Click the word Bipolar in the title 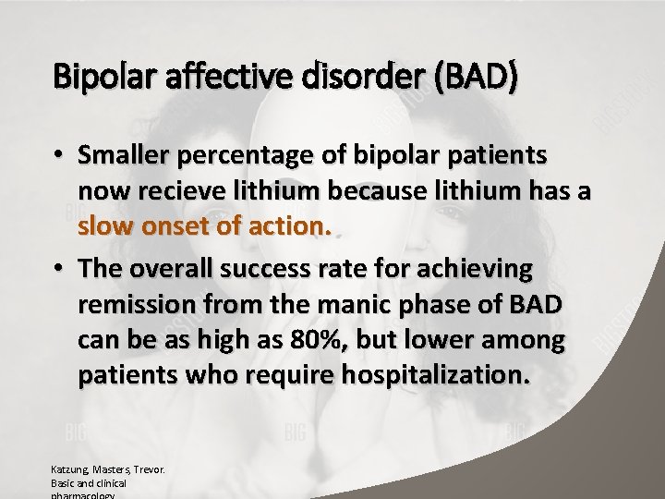pyautogui.click(x=94, y=80)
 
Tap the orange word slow pyautogui.click(x=108, y=226)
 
